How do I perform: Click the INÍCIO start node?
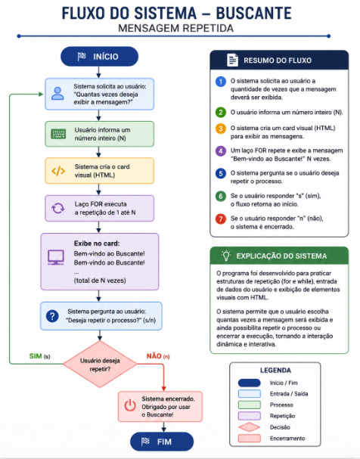click(x=99, y=57)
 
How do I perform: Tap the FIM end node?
click(x=162, y=442)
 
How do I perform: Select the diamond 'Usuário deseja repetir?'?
click(x=100, y=364)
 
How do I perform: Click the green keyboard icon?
click(x=58, y=134)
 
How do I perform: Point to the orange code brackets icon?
click(x=58, y=171)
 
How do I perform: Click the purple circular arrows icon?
click(x=58, y=209)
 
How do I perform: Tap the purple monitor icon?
click(x=56, y=257)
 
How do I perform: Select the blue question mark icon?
click(x=52, y=316)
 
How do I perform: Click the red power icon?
click(x=130, y=406)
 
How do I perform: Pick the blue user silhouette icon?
click(x=57, y=94)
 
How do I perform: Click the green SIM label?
click(x=36, y=356)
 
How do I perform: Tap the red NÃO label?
click(x=154, y=356)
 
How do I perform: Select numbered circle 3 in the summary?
click(x=221, y=129)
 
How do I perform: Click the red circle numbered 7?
click(x=221, y=219)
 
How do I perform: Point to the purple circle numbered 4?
click(x=221, y=151)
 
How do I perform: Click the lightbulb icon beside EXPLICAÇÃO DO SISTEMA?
click(x=226, y=256)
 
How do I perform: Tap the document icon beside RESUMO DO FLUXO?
click(x=232, y=60)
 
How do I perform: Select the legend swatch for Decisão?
click(x=250, y=427)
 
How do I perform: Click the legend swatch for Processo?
click(x=250, y=405)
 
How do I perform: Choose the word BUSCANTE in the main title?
click(x=254, y=14)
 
